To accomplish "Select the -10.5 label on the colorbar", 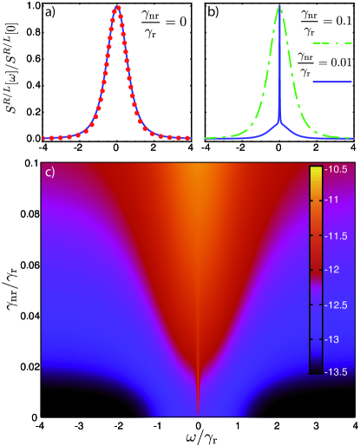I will coord(333,173).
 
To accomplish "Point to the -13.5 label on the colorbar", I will coord(333,370).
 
